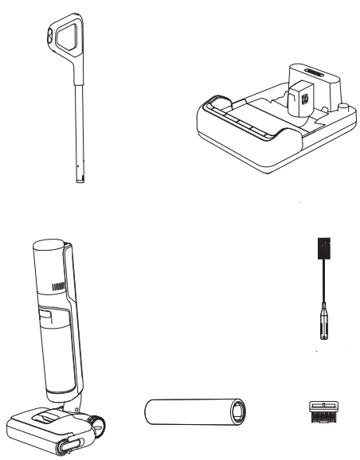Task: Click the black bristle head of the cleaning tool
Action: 323,249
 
